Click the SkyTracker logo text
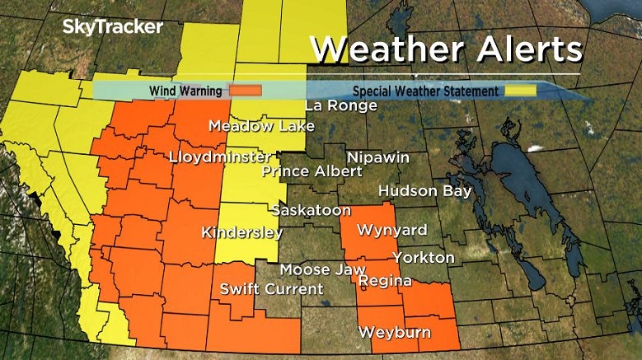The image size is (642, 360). (113, 26)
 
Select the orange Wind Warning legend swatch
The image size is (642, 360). (246, 91)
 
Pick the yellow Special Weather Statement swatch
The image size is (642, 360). (519, 91)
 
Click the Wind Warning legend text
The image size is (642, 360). (185, 91)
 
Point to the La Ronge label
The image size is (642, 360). (340, 105)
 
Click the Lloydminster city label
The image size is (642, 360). (219, 157)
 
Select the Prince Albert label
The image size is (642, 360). (312, 171)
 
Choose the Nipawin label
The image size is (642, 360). (377, 157)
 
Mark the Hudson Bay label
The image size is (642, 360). (424, 191)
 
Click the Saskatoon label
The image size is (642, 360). (312, 211)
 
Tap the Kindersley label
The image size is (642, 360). (242, 232)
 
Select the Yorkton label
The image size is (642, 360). (423, 258)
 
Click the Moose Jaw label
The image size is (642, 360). (316, 269)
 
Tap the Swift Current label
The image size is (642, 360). (272, 289)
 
